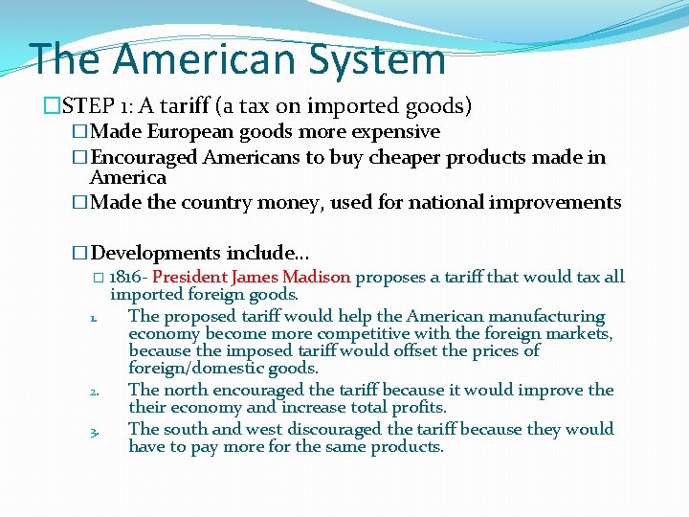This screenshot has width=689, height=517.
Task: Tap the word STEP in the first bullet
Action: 72,105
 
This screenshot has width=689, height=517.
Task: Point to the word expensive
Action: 389,132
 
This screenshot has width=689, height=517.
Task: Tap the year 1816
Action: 126,278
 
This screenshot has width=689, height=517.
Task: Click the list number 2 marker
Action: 95,392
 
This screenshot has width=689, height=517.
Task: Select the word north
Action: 180,390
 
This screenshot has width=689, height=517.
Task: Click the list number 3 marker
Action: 95,431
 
